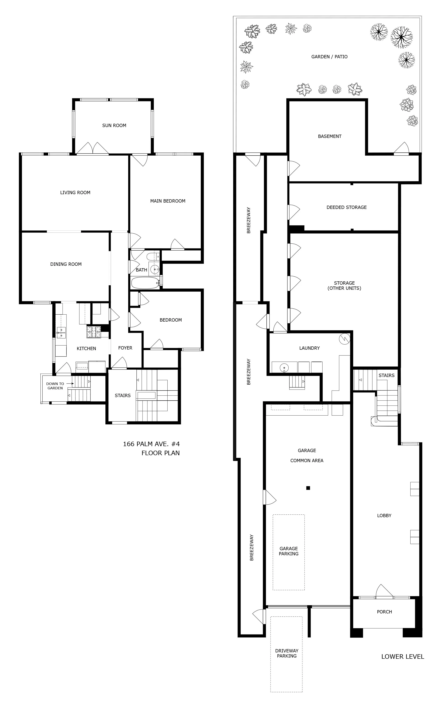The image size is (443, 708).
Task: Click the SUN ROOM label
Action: [114, 125]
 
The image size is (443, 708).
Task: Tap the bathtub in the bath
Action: [145, 283]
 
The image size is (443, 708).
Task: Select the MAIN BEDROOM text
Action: [168, 201]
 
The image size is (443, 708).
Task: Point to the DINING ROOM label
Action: [66, 264]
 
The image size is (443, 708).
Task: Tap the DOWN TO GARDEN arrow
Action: [70, 384]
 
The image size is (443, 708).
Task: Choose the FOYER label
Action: [125, 348]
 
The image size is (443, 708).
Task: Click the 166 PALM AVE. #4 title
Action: [151, 444]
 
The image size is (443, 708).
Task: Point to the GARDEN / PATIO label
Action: [329, 57]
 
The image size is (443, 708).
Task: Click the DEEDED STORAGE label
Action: [347, 207]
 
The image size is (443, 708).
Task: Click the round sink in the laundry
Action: [284, 367]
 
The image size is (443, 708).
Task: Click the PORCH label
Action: [384, 612]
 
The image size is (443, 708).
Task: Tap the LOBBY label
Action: [384, 516]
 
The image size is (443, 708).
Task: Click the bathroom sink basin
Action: [154, 269]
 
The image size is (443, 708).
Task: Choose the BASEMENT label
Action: [330, 136]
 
